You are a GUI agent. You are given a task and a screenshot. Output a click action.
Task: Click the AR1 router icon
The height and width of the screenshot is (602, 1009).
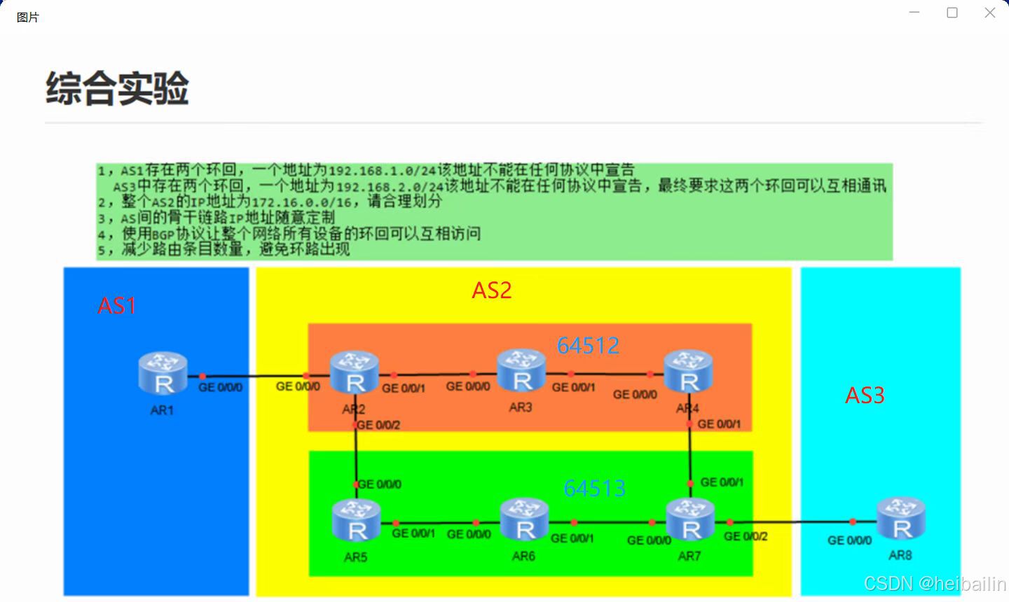(x=163, y=374)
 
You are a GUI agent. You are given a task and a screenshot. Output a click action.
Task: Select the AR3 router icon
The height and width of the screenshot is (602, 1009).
(x=521, y=371)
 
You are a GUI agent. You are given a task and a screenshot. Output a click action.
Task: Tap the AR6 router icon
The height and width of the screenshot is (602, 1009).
(x=524, y=520)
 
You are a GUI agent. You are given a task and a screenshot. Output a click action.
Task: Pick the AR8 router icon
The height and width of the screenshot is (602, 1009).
(x=901, y=519)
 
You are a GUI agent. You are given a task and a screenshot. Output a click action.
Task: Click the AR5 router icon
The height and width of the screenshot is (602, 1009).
(x=356, y=521)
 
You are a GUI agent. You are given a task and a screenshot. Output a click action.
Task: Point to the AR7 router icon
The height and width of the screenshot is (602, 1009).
(x=690, y=520)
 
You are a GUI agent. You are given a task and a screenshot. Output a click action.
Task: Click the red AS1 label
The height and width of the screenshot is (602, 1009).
(x=117, y=306)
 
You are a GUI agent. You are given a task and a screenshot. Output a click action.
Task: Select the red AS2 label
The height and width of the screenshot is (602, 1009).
(x=492, y=290)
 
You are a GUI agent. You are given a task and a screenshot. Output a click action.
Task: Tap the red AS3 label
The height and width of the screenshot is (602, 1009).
(x=865, y=395)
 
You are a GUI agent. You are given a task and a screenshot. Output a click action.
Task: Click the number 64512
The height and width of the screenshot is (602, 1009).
(x=588, y=345)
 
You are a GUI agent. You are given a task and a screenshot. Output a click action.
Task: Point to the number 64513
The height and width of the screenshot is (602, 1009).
(x=594, y=488)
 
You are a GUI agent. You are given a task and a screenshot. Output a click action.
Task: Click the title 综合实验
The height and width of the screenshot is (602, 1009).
(x=118, y=88)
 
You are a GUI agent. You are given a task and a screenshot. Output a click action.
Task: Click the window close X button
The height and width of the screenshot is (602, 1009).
(x=989, y=13)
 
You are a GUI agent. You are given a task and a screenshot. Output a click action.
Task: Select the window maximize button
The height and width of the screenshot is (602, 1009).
(x=952, y=13)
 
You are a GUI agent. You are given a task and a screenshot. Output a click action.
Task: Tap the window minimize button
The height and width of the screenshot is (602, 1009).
(x=914, y=13)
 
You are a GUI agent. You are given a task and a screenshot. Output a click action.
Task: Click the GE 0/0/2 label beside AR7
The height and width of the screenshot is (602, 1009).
(x=746, y=536)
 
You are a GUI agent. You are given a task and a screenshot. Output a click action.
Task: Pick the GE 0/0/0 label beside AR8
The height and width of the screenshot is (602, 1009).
(x=849, y=540)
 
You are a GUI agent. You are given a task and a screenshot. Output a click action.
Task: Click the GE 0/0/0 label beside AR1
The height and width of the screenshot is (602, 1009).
(x=220, y=387)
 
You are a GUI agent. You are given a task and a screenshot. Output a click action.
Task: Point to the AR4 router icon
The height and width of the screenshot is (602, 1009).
(x=688, y=372)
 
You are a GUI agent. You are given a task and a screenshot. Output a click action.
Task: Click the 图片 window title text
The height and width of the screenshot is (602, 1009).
(x=28, y=17)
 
